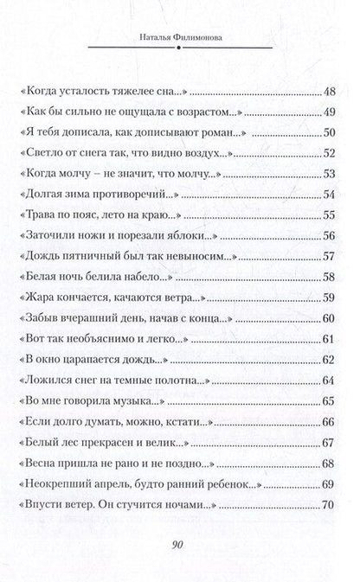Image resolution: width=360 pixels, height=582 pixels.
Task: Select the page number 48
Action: click(328, 91)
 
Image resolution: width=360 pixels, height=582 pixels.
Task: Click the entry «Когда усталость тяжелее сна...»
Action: click(108, 91)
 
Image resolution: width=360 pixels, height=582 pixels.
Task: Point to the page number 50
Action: click(328, 132)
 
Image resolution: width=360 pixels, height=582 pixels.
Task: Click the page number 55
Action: click(328, 215)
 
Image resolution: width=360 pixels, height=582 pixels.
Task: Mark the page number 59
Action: click(328, 298)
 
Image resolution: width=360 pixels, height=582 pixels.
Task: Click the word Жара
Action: click(43, 298)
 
